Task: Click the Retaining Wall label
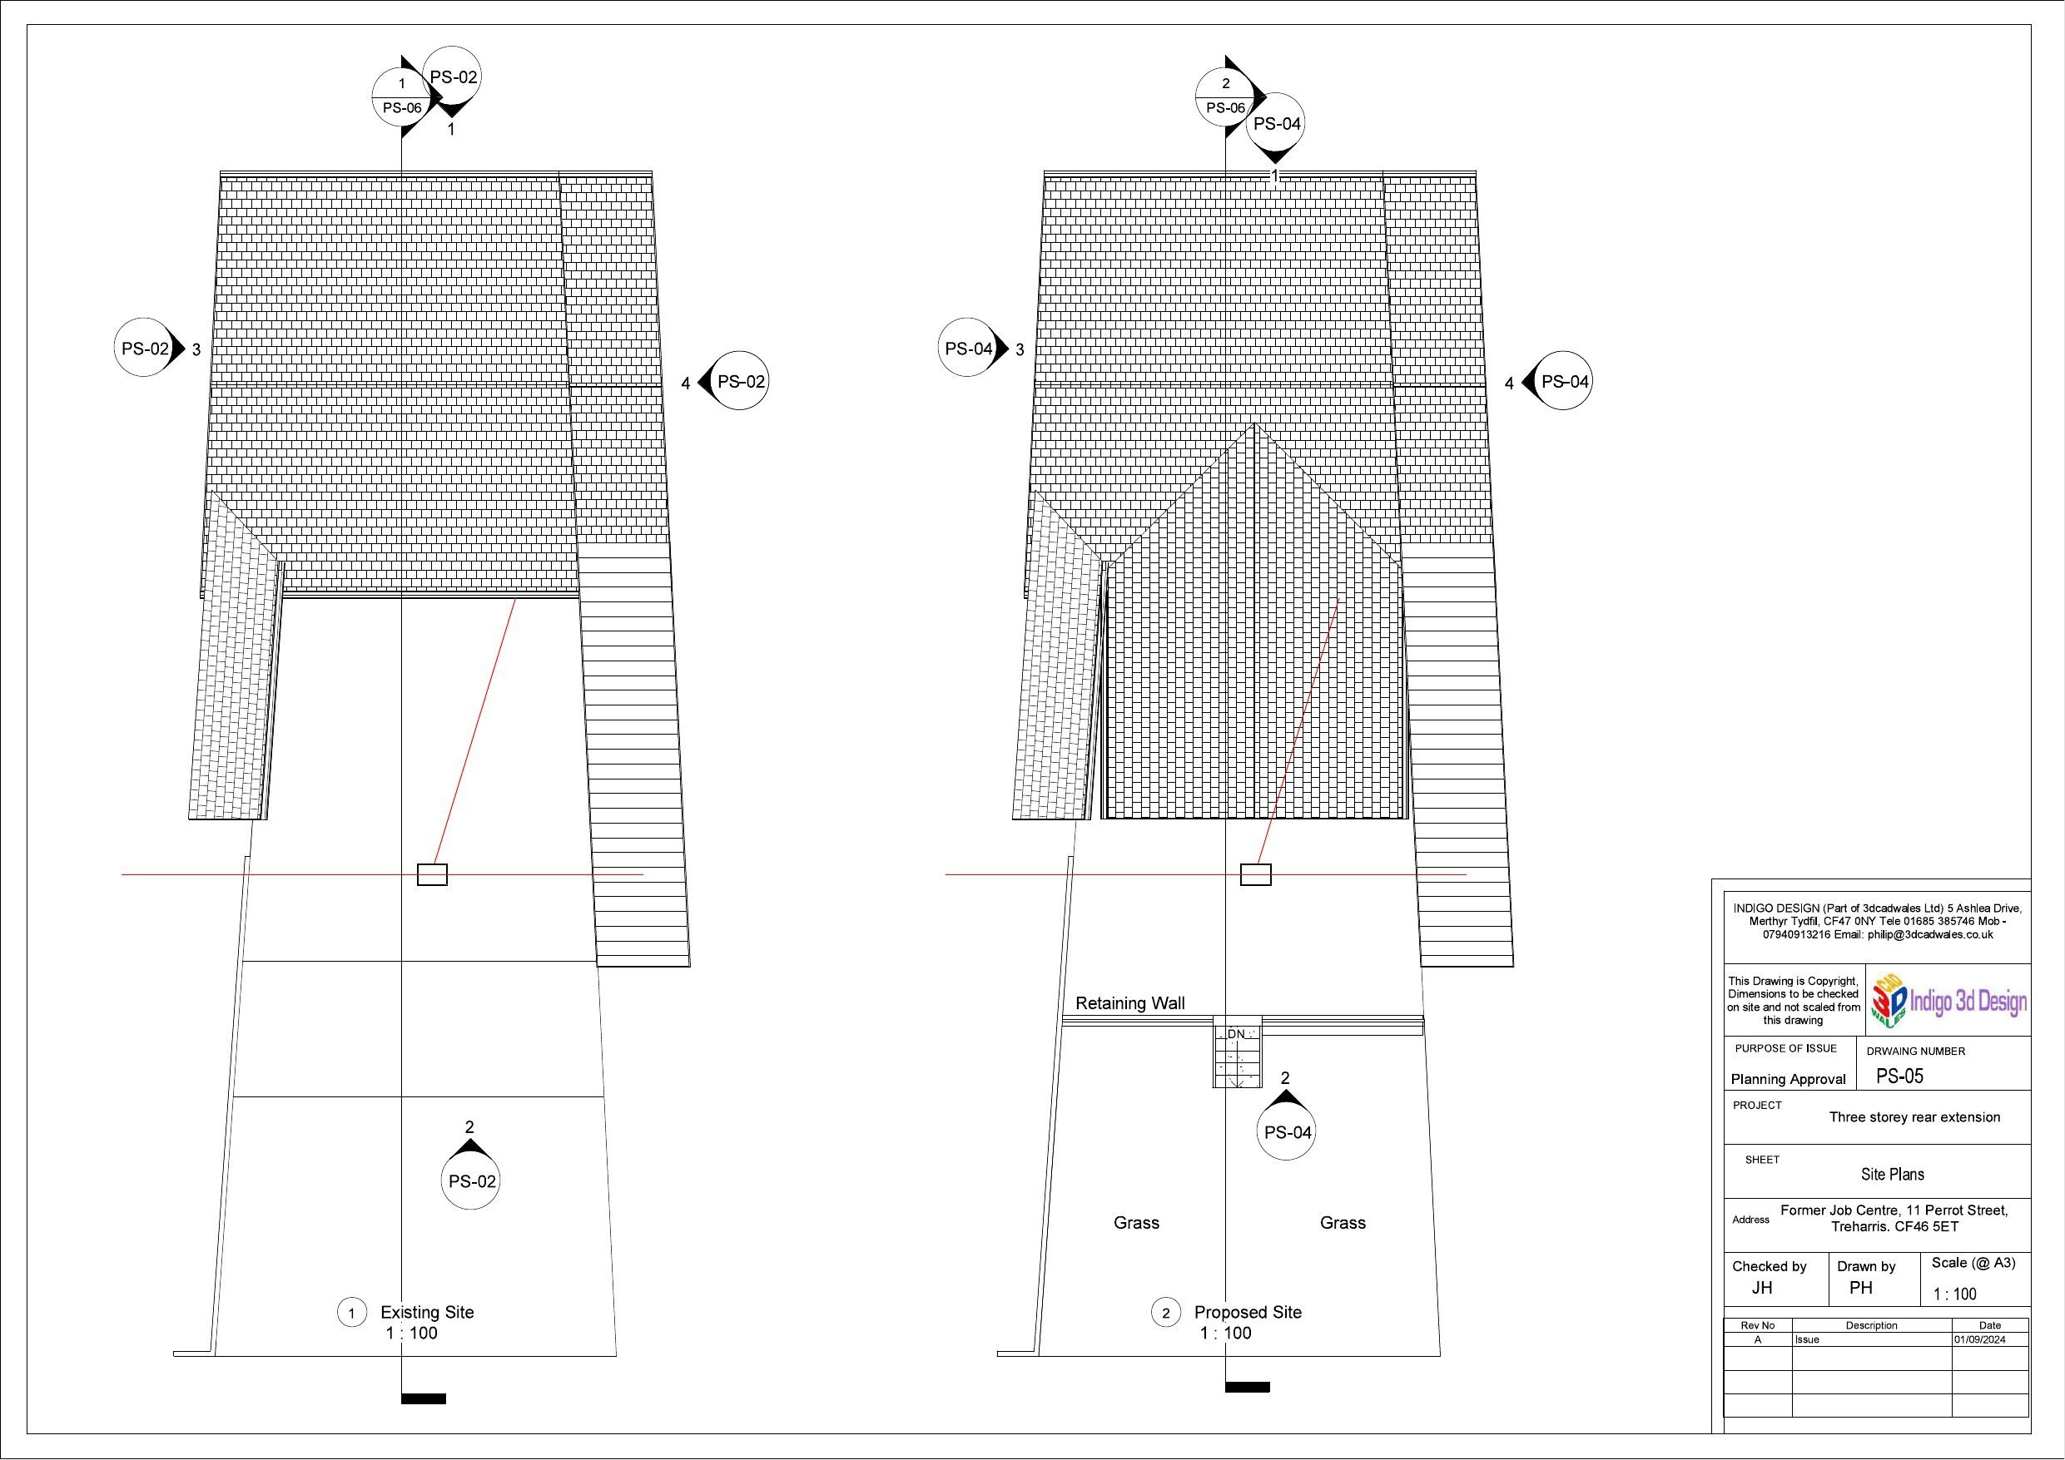(1129, 1003)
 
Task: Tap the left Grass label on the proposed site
(1137, 1223)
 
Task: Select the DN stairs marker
(1237, 1035)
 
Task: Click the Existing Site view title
(427, 1312)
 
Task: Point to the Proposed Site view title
(1248, 1312)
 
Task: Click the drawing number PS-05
(1899, 1076)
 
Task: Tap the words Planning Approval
(1788, 1079)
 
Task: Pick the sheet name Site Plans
(1893, 1174)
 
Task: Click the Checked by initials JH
(1762, 1288)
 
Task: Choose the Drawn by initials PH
(1861, 1288)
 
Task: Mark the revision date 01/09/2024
(1978, 1339)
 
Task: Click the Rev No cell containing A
(1757, 1339)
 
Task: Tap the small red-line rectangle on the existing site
(432, 874)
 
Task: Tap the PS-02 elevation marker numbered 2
(470, 1172)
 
